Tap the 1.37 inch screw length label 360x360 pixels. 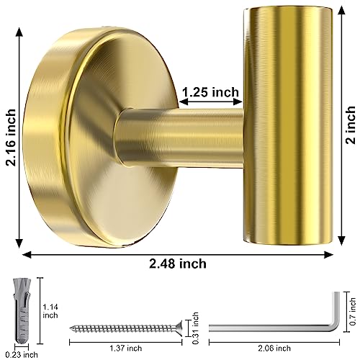(x=124, y=348)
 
